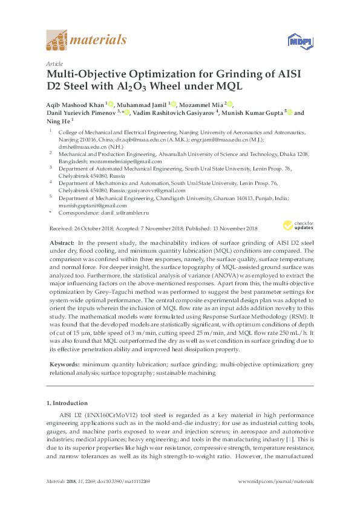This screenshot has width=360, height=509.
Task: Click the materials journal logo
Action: coord(87,41)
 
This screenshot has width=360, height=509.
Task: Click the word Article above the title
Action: coord(54,63)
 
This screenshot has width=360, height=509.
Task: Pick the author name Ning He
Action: coord(59,120)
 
